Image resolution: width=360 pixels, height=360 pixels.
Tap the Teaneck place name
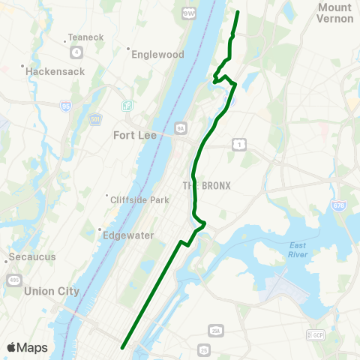click(x=79, y=37)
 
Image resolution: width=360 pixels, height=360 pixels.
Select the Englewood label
click(x=157, y=54)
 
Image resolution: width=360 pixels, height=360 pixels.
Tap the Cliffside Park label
click(x=139, y=199)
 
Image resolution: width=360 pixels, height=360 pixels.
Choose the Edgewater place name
click(x=127, y=235)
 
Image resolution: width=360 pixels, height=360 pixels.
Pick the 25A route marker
click(x=217, y=331)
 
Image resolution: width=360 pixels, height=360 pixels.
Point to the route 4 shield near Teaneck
click(x=76, y=52)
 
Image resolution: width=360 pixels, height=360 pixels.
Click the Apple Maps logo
click(x=28, y=347)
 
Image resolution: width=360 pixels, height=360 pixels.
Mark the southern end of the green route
click(x=122, y=346)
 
